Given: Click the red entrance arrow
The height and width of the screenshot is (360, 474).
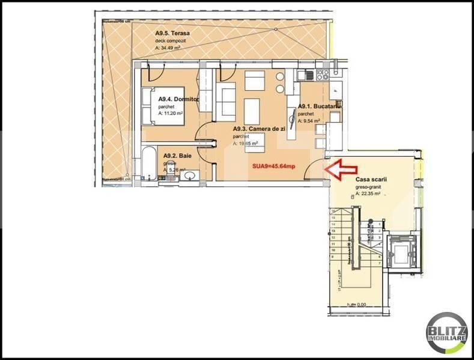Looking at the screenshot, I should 338,168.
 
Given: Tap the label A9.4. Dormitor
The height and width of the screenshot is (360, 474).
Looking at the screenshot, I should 178,99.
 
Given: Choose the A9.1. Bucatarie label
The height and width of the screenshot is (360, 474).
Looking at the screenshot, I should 319,106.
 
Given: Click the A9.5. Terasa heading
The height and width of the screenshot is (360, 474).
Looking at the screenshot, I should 172,34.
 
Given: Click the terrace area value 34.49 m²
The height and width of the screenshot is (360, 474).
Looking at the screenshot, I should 172,48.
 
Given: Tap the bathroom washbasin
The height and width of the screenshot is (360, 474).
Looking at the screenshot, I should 190,175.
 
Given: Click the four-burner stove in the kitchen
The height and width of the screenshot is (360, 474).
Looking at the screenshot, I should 323,75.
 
